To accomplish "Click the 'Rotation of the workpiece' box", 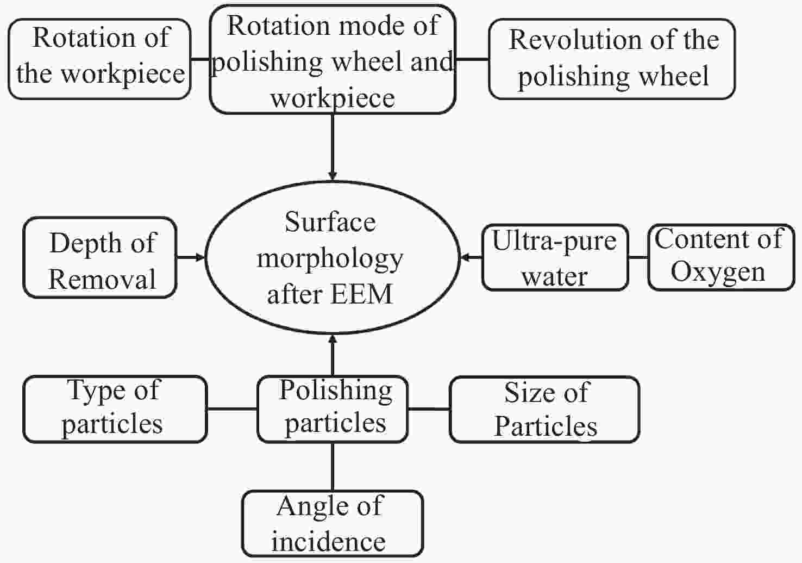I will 100,59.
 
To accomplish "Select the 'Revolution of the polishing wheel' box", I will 612,59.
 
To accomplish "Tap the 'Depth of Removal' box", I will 100,257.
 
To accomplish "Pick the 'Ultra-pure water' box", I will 555,257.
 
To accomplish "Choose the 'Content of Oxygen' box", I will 721,257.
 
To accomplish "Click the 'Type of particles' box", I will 115,409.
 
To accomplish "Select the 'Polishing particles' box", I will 333,409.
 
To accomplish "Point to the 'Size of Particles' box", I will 544,409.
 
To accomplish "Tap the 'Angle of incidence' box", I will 332,523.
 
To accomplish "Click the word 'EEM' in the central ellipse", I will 361,295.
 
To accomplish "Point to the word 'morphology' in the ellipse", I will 330,259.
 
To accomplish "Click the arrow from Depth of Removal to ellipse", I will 190,257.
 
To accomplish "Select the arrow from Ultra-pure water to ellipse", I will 472,257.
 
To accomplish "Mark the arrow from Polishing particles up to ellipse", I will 333,356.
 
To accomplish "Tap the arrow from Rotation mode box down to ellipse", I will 333,147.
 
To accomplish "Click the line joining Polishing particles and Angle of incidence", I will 333,467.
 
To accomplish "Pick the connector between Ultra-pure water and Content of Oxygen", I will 638,257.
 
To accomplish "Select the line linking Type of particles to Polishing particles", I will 232,409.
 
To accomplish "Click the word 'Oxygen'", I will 717,271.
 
